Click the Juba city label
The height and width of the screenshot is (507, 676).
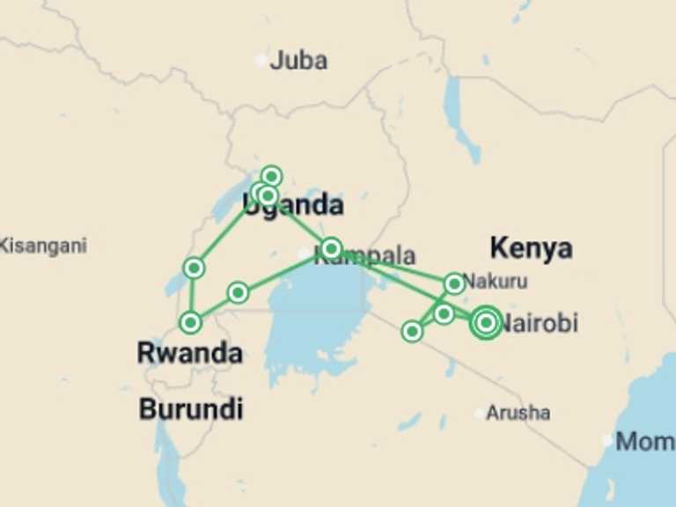pos(298,61)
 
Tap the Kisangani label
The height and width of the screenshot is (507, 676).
pos(43,246)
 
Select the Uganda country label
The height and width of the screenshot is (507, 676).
pos(293,206)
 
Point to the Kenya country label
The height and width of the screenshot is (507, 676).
pos(531,248)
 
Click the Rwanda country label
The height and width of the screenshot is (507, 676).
pos(189,354)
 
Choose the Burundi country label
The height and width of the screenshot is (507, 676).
pos(191,409)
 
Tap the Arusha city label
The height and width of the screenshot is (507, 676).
pos(518,413)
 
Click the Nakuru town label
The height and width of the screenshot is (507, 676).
pos(495,283)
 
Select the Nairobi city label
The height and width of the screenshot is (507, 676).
pos(540,323)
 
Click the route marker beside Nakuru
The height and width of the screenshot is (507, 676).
pos(453,283)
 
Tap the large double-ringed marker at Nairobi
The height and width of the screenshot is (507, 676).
pos(486,323)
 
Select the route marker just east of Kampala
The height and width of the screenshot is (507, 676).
pos(331,247)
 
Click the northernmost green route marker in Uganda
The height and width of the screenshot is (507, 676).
pos(271,176)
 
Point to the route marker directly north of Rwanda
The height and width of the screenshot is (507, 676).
pos(190,323)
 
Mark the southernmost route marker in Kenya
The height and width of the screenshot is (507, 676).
pos(412,331)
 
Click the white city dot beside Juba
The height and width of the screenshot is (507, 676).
pos(261,60)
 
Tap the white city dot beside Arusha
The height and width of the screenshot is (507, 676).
pos(480,413)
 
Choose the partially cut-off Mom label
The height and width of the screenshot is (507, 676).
pos(644,441)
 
